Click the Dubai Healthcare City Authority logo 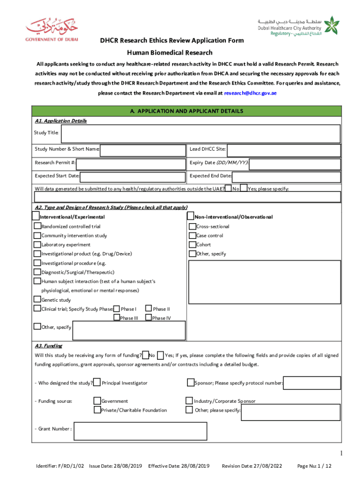pos(297,28)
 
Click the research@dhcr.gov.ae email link pos(250,93)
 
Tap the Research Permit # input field pos(130,163)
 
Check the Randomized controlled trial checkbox pos(37,226)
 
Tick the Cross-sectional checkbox pos(192,226)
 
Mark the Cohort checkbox pos(192,245)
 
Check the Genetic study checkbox pos(37,300)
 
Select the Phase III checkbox pos(116,318)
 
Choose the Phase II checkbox pos(149,309)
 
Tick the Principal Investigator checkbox pos(97,383)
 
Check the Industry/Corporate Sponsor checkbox pos(189,401)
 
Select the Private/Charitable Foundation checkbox pos(97,410)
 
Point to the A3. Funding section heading pos(49,346)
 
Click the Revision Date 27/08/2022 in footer pos(252,466)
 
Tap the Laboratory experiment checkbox pos(37,245)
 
